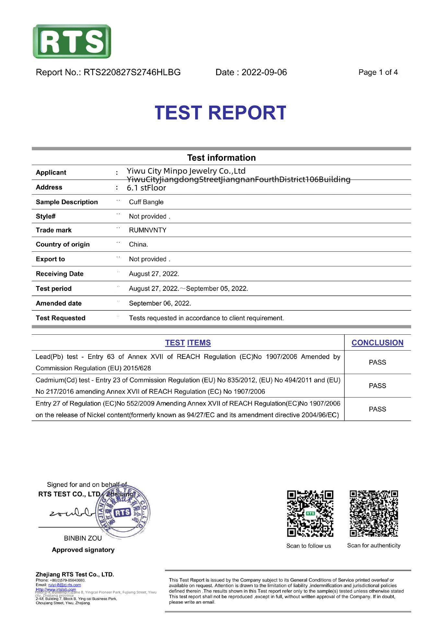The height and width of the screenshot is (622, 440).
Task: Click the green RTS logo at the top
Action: (72, 41)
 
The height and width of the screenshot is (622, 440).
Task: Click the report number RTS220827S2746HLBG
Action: (132, 72)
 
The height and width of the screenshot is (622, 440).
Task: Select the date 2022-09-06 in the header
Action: (264, 72)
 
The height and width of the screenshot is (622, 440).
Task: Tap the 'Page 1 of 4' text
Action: (378, 72)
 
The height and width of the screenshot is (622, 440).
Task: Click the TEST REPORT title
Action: (220, 113)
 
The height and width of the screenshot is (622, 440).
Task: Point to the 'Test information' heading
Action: (221, 158)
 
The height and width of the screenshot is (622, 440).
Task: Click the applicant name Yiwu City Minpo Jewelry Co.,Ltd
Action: (186, 171)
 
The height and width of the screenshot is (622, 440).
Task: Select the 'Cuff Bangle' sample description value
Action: (146, 202)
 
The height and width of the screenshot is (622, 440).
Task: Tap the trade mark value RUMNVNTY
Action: (148, 230)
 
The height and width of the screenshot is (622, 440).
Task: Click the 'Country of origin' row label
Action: (63, 244)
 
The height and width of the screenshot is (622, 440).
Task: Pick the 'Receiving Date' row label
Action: (60, 274)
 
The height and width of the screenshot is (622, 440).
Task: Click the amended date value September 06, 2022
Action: (160, 303)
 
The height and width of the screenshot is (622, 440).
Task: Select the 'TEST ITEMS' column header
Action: (188, 343)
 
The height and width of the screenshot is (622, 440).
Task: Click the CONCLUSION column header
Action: (377, 343)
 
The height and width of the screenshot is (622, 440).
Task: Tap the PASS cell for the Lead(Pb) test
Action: (377, 362)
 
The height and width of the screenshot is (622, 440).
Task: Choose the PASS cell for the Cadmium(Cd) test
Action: (377, 386)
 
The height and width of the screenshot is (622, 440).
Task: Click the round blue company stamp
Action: (123, 512)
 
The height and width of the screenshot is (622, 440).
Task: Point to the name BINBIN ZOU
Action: (83, 538)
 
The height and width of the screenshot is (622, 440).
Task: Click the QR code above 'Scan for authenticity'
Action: (374, 513)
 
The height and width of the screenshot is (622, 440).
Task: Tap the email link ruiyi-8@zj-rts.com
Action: (65, 585)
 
